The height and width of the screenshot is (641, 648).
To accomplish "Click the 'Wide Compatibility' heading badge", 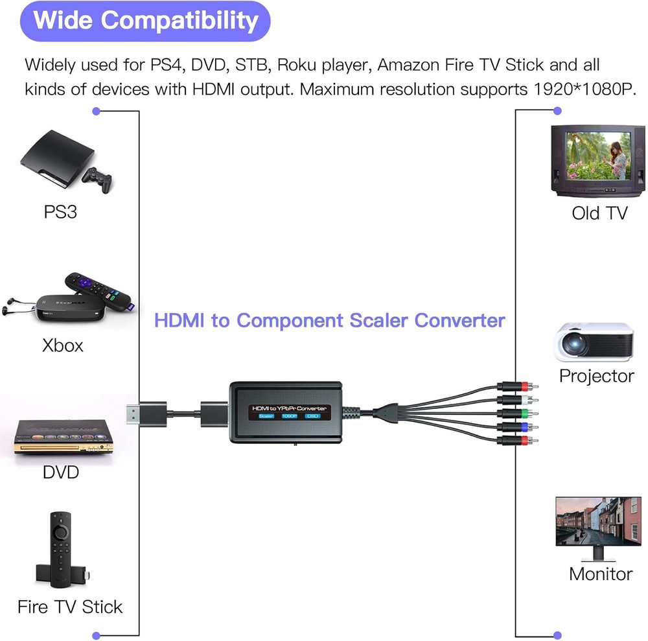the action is (146, 21).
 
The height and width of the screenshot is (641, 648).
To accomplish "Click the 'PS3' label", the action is (60, 212).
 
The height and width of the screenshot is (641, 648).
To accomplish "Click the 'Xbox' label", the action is (63, 345).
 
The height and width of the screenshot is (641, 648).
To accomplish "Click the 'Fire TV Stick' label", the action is (70, 607).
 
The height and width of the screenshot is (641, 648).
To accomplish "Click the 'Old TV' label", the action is (599, 213).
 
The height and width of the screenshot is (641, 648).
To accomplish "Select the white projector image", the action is (594, 342).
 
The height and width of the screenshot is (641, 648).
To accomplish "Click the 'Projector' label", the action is (596, 376).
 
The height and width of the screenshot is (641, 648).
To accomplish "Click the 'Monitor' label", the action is (600, 574).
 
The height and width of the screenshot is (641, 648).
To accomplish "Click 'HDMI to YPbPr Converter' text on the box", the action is (290, 408).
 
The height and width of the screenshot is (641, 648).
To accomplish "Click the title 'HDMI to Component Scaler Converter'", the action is (329, 320).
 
